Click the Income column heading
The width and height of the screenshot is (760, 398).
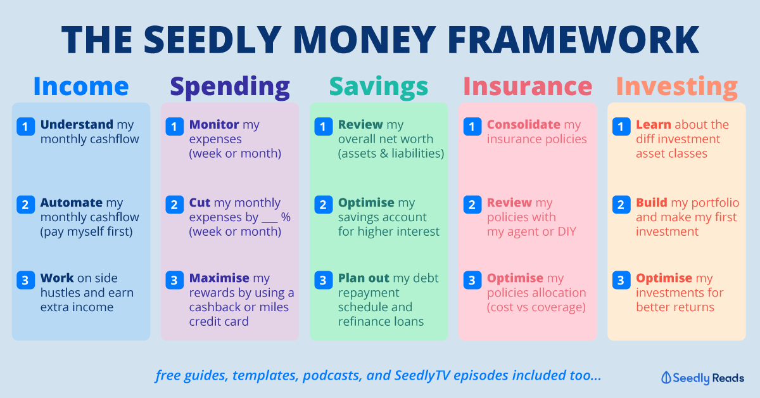pyautogui.click(x=81, y=86)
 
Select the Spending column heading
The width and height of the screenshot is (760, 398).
pyautogui.click(x=230, y=87)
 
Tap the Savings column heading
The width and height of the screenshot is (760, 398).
pyautogui.click(x=379, y=87)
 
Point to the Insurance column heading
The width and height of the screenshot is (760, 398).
pyautogui.click(x=528, y=86)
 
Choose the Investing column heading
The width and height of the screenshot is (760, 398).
pyautogui.click(x=677, y=87)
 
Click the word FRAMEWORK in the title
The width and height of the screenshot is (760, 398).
pyautogui.click(x=573, y=40)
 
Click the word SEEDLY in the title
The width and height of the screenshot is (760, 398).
pyautogui.click(x=213, y=40)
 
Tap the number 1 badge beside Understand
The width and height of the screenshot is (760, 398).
pyautogui.click(x=25, y=127)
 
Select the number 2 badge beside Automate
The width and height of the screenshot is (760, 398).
pyautogui.click(x=25, y=205)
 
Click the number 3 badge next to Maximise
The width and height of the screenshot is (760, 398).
pyautogui.click(x=174, y=280)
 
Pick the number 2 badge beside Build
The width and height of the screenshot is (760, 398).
pyautogui.click(x=621, y=205)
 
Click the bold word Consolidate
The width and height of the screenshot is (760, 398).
pyautogui.click(x=524, y=125)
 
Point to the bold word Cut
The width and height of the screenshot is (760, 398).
pyautogui.click(x=200, y=203)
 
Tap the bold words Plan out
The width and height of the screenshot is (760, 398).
pyautogui.click(x=364, y=278)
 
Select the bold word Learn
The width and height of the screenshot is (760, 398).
pyautogui.click(x=654, y=125)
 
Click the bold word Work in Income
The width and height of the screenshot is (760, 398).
pyautogui.click(x=57, y=278)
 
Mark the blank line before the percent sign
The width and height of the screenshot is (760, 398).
pyautogui.click(x=270, y=222)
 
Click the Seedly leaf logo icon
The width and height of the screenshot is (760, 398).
pyautogui.click(x=666, y=378)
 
